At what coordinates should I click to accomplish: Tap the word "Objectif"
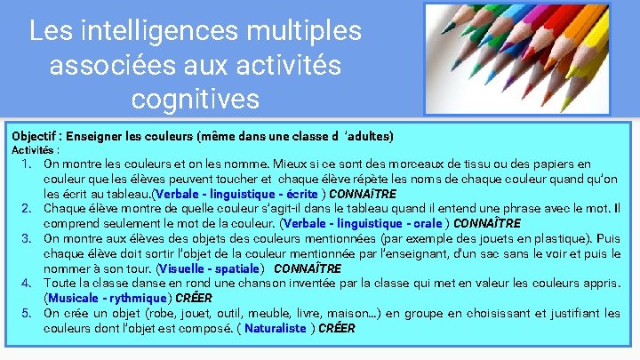point(37,136)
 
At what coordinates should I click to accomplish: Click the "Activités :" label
point(36,150)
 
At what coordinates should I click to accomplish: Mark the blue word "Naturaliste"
point(275,328)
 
